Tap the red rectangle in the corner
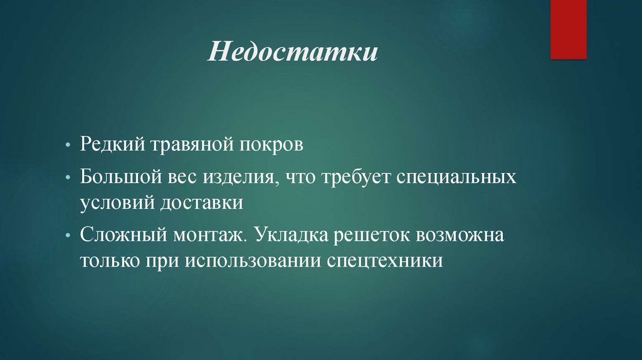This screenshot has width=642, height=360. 568,29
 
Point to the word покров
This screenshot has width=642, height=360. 273,146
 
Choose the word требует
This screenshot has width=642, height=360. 357,177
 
